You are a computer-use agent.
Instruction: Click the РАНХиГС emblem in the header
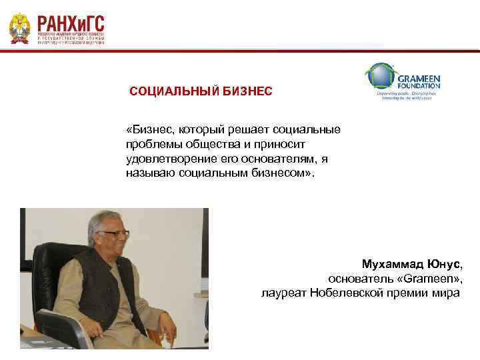[x=19, y=29]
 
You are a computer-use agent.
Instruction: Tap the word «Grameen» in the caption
[x=425, y=278]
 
